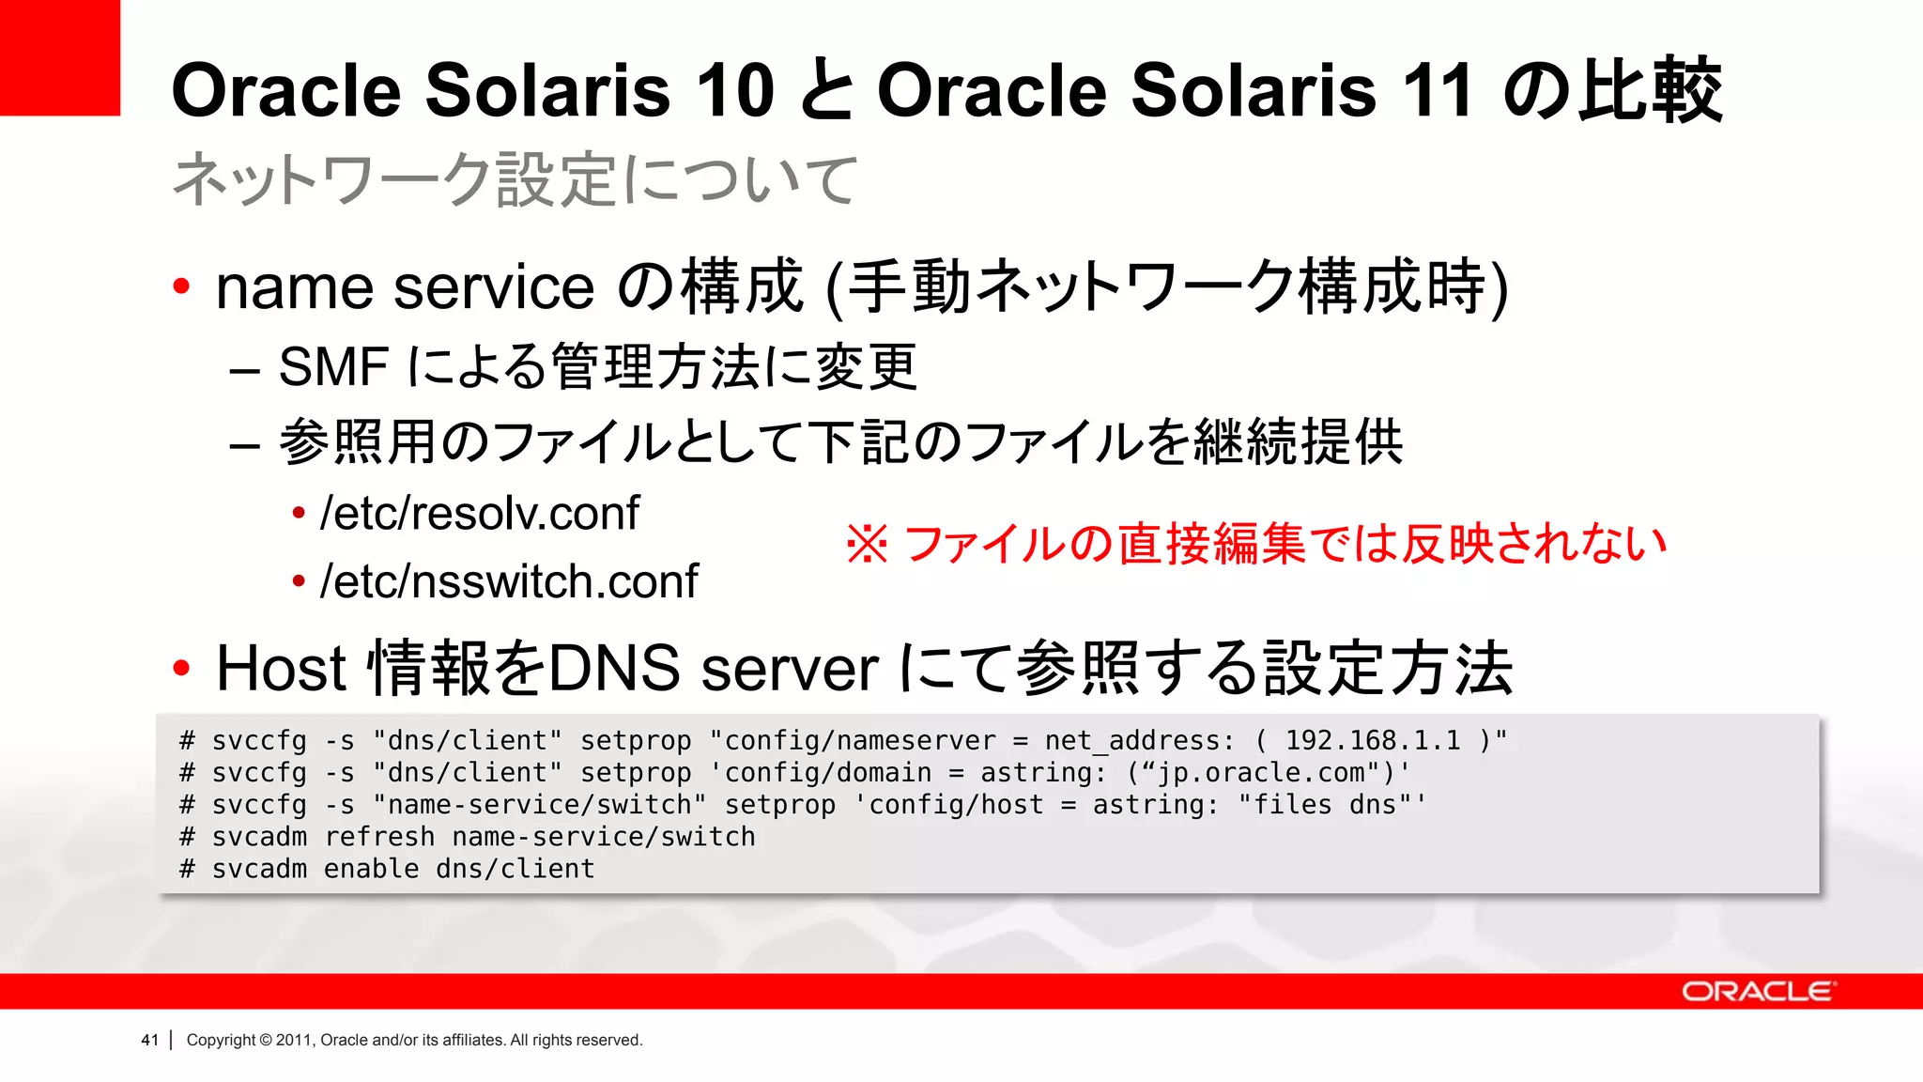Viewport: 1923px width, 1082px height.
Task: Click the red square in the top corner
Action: (x=59, y=57)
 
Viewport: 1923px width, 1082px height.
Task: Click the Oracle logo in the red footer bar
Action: (x=1757, y=992)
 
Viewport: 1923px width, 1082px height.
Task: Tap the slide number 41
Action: (x=149, y=1040)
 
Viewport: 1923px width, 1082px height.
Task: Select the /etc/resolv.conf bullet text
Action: (x=479, y=514)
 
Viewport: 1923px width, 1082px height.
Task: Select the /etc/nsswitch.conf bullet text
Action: (x=509, y=581)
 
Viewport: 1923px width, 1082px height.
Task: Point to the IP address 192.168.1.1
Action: (x=1373, y=741)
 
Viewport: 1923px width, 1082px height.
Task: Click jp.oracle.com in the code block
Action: (x=1261, y=773)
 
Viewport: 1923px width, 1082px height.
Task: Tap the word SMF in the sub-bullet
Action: (x=333, y=366)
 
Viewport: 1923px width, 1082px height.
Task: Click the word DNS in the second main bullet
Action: (x=613, y=669)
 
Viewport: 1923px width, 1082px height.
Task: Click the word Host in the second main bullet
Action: (x=282, y=669)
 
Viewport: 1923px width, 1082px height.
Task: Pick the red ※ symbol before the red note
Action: (x=866, y=544)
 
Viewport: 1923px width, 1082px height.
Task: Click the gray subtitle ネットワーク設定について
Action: (x=515, y=179)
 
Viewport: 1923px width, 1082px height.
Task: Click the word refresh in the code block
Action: (x=379, y=837)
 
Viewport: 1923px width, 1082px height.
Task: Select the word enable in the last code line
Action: (x=371, y=869)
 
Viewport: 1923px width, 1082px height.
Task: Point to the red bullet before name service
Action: (x=182, y=286)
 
